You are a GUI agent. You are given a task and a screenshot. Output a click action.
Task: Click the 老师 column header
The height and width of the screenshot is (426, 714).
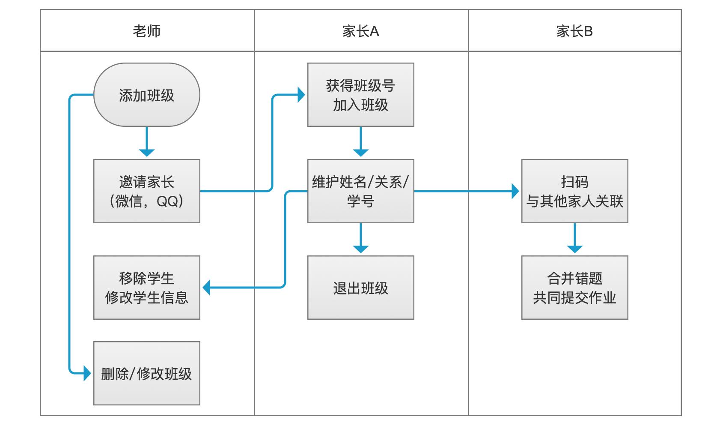click(147, 31)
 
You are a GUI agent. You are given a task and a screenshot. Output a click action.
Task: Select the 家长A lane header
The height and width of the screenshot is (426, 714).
click(360, 31)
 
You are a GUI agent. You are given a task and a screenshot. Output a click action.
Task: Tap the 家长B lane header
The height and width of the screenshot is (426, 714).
click(574, 31)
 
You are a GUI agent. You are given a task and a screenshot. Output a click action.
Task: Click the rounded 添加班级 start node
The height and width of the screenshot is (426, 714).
click(147, 95)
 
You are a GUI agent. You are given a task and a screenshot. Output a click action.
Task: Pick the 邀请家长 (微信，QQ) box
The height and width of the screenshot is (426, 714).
click(147, 191)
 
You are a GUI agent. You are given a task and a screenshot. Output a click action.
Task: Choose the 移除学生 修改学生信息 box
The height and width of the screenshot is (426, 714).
click(147, 288)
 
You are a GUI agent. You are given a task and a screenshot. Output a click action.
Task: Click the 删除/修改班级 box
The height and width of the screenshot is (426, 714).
click(147, 373)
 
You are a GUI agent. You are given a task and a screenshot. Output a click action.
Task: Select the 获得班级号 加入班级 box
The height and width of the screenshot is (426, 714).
click(360, 95)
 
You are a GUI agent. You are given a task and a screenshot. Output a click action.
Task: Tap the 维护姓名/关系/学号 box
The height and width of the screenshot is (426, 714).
click(360, 191)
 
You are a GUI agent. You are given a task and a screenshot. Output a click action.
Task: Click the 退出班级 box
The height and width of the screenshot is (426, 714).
click(360, 288)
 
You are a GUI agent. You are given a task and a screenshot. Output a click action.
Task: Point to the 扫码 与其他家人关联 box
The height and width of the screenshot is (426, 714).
click(574, 191)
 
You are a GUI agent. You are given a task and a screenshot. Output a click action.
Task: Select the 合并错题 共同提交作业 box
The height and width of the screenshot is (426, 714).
click(574, 288)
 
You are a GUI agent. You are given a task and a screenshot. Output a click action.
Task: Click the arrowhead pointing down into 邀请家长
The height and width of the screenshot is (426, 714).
click(147, 153)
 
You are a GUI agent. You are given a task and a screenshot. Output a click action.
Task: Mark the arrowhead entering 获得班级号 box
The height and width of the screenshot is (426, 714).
click(301, 95)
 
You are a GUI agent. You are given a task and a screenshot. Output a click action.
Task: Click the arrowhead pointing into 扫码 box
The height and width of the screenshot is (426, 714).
click(515, 191)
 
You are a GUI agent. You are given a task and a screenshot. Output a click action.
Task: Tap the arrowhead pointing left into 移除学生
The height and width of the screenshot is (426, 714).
click(207, 288)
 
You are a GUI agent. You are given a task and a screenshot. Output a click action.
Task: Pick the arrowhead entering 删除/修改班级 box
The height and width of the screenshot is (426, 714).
click(87, 373)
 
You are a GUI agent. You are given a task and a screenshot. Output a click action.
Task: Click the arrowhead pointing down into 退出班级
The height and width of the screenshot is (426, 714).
click(360, 249)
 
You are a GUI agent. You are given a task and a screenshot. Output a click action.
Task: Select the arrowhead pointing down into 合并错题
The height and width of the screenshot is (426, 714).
click(574, 249)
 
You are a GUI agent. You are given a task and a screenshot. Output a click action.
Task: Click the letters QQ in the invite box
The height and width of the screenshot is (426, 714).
click(167, 201)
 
